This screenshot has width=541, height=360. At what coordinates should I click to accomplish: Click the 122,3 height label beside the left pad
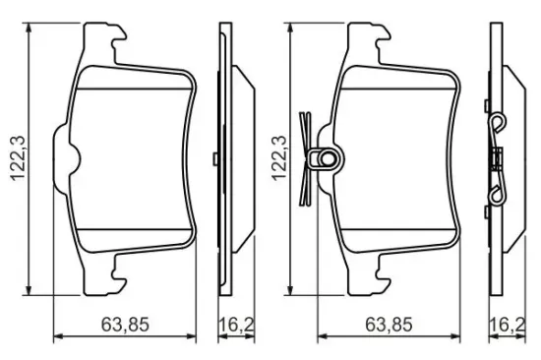coord(18,158)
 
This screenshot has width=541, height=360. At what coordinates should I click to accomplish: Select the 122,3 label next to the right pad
coord(278,158)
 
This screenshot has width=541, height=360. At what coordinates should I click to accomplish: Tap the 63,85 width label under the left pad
coord(125,325)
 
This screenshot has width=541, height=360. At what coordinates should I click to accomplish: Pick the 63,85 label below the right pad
coord(389,325)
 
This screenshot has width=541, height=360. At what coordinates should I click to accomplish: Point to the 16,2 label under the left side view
coord(236,325)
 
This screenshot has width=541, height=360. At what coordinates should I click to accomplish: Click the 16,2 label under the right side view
coord(508,325)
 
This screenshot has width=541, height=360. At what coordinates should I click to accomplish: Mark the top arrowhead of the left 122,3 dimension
coord(30,29)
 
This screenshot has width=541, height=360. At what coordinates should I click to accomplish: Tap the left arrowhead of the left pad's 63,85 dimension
coord(59,336)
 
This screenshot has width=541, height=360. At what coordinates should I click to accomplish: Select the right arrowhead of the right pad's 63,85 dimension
coord(454,336)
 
